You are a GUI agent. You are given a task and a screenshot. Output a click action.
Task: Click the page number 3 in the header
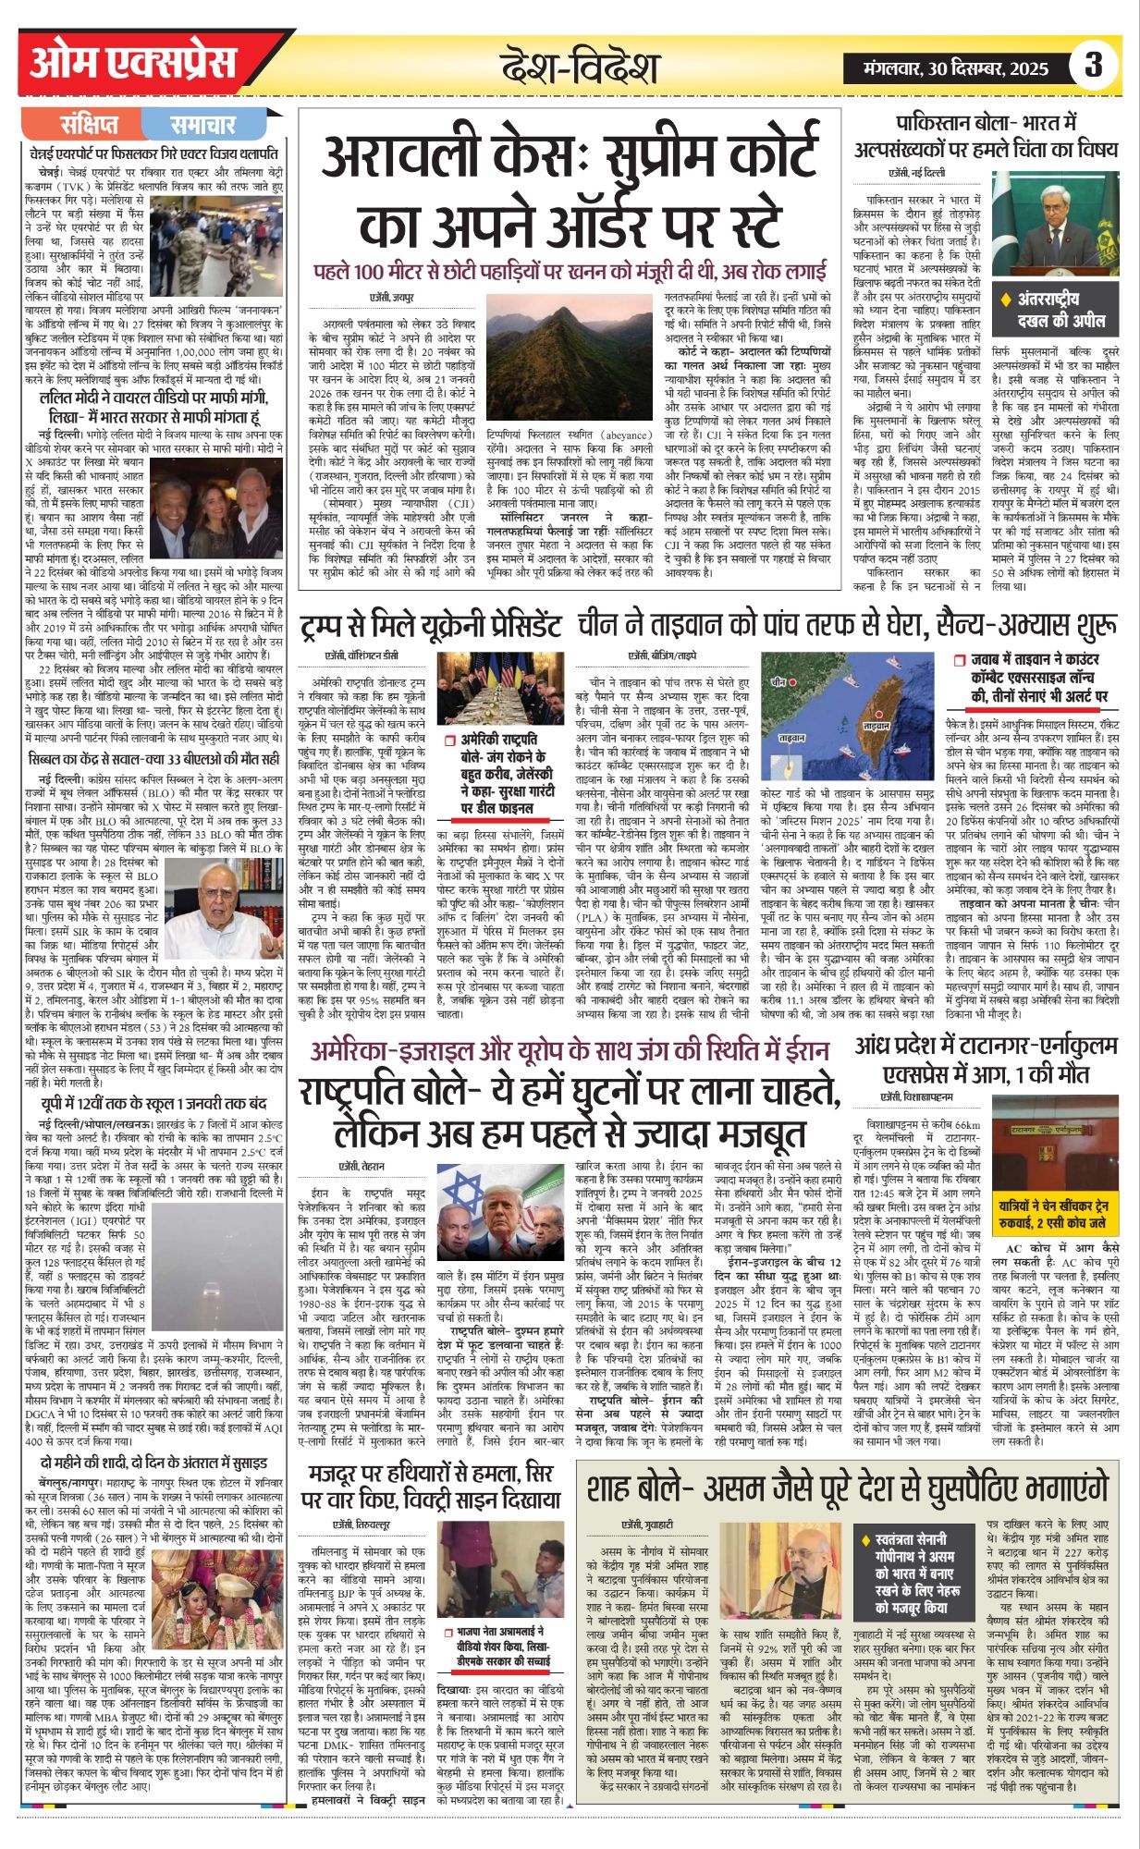1095,66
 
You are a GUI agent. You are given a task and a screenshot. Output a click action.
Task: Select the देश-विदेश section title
580,67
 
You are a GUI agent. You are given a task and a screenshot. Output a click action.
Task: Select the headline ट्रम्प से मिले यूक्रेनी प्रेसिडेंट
430,627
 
